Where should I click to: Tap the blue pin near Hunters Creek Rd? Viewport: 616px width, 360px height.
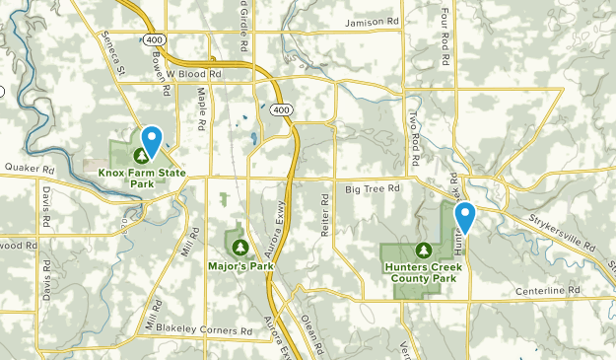464,217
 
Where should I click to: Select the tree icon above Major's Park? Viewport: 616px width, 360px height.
238,246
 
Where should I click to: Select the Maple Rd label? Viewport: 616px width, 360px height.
200,109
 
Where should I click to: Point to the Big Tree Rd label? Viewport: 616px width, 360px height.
373,187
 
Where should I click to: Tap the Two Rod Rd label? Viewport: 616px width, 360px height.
416,139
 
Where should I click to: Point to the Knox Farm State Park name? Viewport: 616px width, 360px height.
141,178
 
